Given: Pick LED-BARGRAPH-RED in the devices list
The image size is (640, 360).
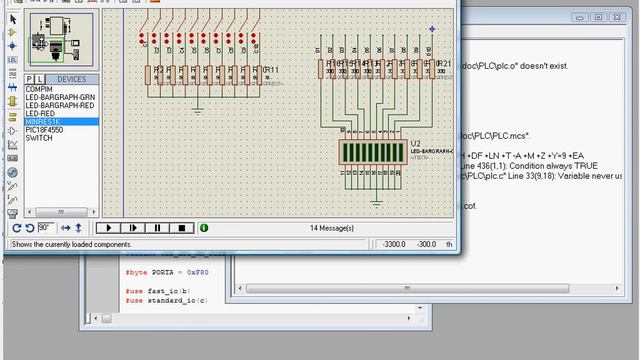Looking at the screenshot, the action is point(59,106).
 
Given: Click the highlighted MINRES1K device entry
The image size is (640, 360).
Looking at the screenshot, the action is point(43,122).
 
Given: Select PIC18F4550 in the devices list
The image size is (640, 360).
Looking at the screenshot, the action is point(45,130).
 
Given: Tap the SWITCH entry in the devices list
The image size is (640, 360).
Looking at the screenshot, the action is point(39,138).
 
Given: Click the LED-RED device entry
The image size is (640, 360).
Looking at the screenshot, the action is point(41,114).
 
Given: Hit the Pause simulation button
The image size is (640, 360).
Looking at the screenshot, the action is point(157,228).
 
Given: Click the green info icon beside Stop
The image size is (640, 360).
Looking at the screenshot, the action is point(204,228).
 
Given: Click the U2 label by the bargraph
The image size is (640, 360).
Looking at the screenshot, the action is point(415,144).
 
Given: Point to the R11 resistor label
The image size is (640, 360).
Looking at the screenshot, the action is point(270,69).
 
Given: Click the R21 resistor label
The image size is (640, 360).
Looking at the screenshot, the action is point(444,63).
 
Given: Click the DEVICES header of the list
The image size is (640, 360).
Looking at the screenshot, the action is point(71,79).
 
